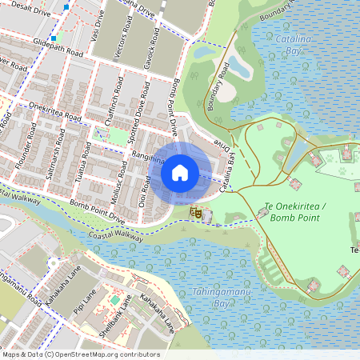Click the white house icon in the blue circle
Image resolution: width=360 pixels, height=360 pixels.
180,171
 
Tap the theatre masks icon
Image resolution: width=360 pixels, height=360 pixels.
194,213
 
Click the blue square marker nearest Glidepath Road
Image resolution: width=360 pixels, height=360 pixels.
53,38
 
